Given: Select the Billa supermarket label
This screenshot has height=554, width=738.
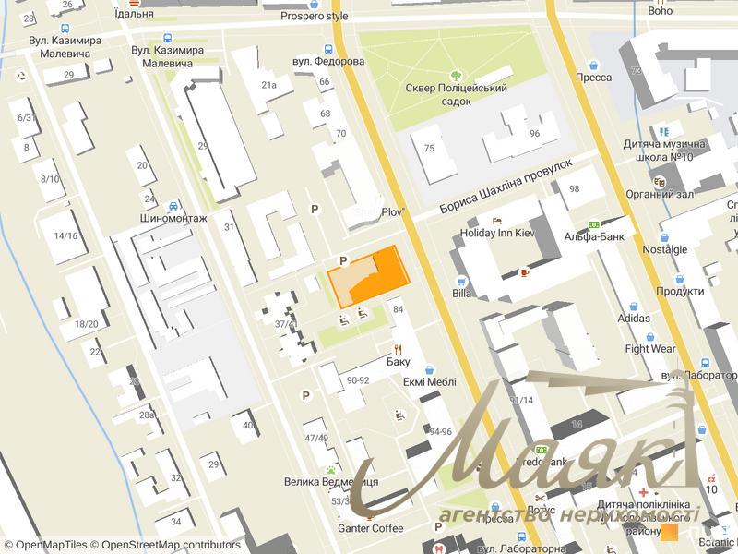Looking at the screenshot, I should [x=462, y=294].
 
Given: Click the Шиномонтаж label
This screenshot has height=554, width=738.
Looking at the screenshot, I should [x=173, y=219].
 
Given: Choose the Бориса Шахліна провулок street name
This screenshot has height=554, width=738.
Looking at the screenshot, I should [x=506, y=189].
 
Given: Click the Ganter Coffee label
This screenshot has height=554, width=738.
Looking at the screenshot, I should [x=371, y=528].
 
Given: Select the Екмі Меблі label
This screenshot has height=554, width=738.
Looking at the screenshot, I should [x=430, y=381].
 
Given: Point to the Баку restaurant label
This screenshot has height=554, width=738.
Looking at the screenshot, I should [x=399, y=362].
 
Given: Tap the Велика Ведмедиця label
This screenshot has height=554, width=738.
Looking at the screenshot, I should [x=330, y=482].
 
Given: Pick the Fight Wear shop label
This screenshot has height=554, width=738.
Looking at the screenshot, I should [x=650, y=349].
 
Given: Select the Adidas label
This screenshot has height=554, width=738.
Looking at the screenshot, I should [x=634, y=319].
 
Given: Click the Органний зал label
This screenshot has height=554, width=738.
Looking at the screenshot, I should [x=660, y=194].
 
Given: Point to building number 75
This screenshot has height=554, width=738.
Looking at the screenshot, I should [x=429, y=149].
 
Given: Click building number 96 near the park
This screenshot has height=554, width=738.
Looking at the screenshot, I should [x=534, y=133].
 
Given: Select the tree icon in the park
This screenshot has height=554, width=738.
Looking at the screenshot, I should [x=457, y=75].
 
